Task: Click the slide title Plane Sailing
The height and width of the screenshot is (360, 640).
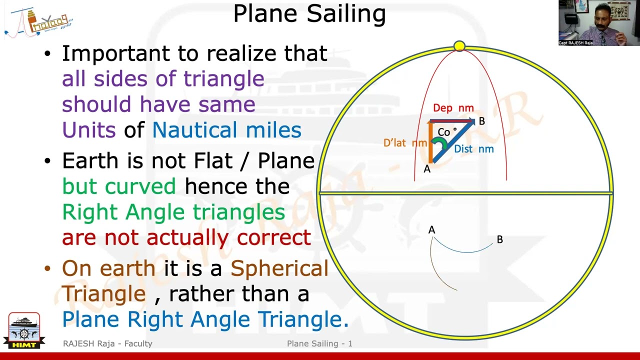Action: point(309,14)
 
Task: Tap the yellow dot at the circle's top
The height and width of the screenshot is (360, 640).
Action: point(459,46)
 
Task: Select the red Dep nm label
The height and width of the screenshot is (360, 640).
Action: point(453,108)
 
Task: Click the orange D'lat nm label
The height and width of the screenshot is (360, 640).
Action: point(405,143)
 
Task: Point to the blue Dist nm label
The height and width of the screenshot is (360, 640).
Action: point(473,149)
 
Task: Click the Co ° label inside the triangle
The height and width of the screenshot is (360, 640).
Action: point(446,132)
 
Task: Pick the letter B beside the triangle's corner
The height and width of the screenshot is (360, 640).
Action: point(481,121)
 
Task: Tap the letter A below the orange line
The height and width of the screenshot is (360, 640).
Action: point(427,169)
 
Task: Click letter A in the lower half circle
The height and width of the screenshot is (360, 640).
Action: point(431,230)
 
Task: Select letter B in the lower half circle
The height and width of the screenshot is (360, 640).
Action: point(499,240)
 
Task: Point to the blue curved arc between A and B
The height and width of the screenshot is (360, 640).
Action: point(465,251)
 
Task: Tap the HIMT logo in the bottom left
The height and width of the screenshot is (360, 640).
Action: point(24,330)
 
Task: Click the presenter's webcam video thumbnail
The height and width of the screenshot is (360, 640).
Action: point(598,23)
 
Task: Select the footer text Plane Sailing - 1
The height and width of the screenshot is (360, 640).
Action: point(319,343)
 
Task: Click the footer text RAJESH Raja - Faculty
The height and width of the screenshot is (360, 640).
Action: point(107,343)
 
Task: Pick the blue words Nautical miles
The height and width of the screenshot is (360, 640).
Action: point(226,130)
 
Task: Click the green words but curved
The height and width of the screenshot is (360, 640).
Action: point(119,186)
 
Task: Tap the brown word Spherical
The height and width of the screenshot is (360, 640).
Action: point(279,268)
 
